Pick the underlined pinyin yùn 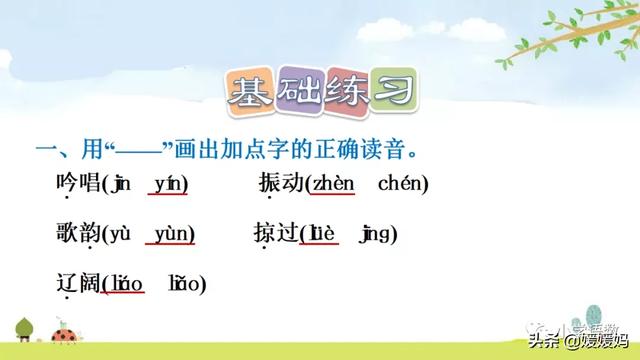(173, 234)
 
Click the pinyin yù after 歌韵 (119, 234)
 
